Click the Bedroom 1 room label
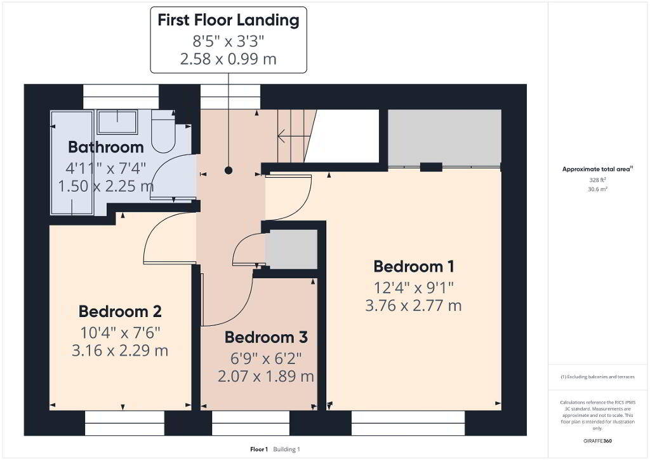tap(414, 267)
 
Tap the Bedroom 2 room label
tap(120, 311)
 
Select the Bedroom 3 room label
tap(266, 337)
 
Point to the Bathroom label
tap(106, 147)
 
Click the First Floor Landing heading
tap(229, 20)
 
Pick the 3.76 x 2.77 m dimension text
tap(413, 306)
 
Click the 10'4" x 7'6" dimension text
tap(120, 333)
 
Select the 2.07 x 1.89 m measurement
tap(266, 377)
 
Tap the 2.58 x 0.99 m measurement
tap(229, 59)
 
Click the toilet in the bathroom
tap(163, 131)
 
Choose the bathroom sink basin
tap(117, 122)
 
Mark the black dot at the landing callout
tap(229, 170)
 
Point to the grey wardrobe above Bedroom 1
tap(444, 138)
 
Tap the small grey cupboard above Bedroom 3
tap(291, 249)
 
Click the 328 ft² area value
tap(598, 180)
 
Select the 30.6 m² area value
tap(598, 189)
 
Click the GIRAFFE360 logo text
tap(598, 441)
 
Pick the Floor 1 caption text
tap(259, 449)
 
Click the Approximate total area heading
tap(597, 169)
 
